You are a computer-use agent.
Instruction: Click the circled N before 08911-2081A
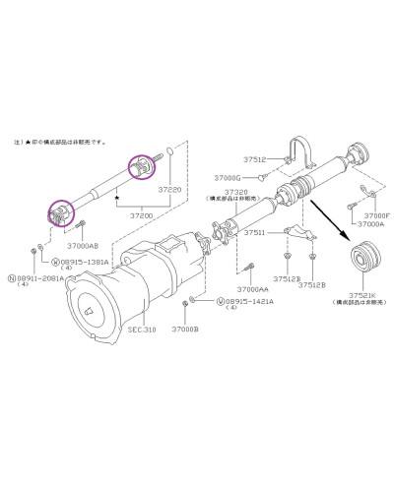[x=13, y=277]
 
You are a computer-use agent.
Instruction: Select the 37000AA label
[x=253, y=289]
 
